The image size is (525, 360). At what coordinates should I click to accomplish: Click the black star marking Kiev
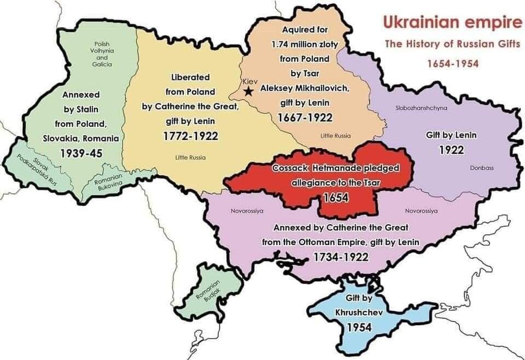pyautogui.click(x=249, y=91)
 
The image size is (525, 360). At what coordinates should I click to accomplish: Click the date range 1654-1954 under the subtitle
pyautogui.click(x=453, y=63)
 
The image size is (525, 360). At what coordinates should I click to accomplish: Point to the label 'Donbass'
pyautogui.click(x=481, y=168)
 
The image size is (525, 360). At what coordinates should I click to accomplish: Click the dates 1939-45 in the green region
pyautogui.click(x=80, y=154)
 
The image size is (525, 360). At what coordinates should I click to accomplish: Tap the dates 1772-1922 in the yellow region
pyautogui.click(x=191, y=135)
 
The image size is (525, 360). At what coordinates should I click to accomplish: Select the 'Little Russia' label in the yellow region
pyautogui.click(x=190, y=158)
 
